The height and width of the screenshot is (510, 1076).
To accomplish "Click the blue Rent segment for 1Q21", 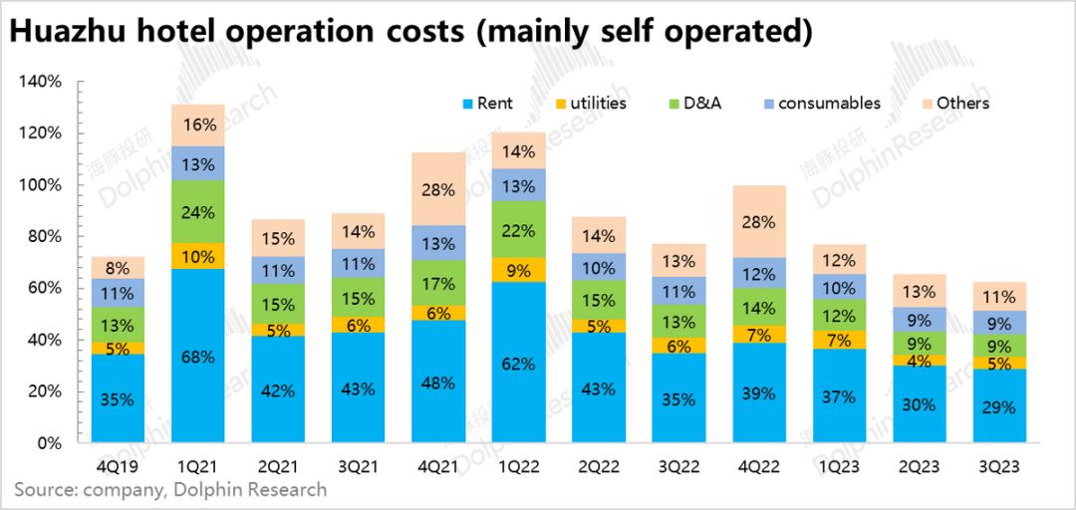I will pyautogui.click(x=198, y=356).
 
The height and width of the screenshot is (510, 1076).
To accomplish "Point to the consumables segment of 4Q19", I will pyautogui.click(x=118, y=293).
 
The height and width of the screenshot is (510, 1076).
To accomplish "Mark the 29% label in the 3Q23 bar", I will pyautogui.click(x=999, y=407).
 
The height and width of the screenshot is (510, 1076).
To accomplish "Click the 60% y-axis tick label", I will pyautogui.click(x=44, y=288).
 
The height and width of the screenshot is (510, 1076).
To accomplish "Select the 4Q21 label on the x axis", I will pyautogui.click(x=438, y=465).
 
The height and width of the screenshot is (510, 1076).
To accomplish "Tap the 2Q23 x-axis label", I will pyautogui.click(x=919, y=465).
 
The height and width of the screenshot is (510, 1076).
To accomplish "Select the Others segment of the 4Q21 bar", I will pyautogui.click(x=438, y=188).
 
